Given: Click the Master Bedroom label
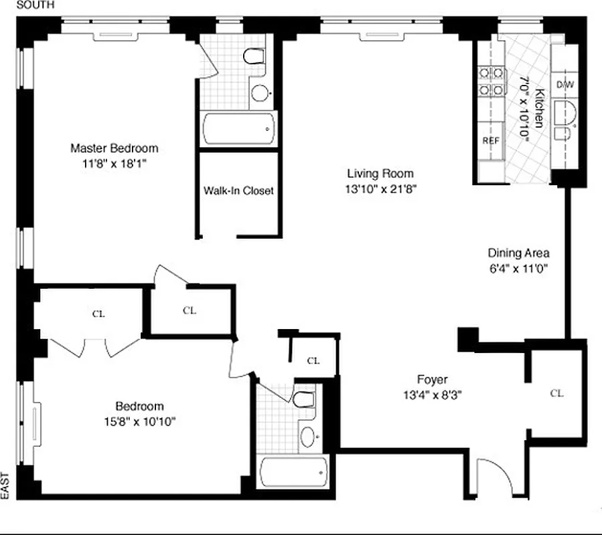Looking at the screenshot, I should click(x=115, y=148).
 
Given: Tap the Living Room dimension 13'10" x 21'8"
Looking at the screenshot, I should click(x=380, y=189).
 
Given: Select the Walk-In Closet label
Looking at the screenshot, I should click(x=238, y=191).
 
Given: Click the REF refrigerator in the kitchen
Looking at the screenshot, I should click(x=491, y=141).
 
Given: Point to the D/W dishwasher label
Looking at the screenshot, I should click(x=565, y=85).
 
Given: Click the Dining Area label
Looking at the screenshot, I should click(x=518, y=253).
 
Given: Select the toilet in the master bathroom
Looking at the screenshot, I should click(x=254, y=56).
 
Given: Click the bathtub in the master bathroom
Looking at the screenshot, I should click(x=238, y=129).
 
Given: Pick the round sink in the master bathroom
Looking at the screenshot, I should click(x=260, y=93).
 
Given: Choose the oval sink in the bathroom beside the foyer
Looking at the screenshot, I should click(x=308, y=437).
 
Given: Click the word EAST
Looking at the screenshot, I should click(x=5, y=486).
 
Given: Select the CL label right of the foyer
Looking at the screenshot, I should click(x=556, y=393).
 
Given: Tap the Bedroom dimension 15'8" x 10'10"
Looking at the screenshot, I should click(x=139, y=421).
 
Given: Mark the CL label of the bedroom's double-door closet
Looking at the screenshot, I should click(x=98, y=313).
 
